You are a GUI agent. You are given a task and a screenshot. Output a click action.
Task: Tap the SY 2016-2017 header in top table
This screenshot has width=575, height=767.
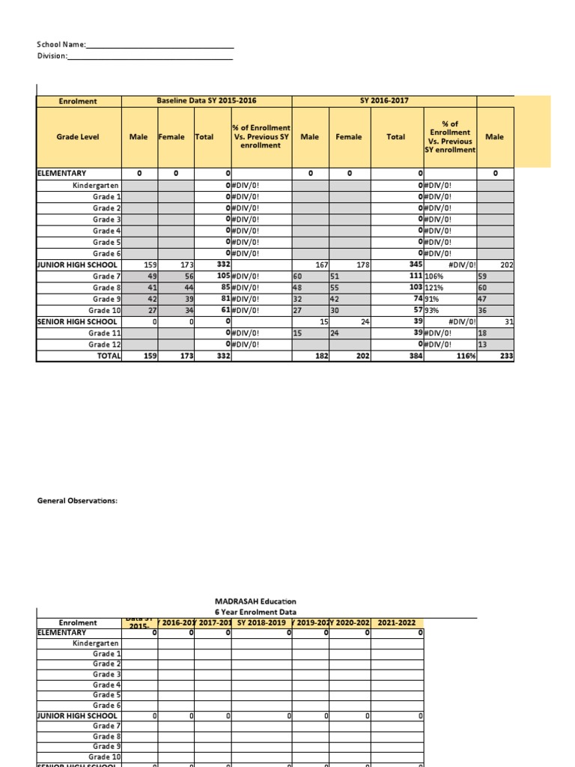(x=384, y=100)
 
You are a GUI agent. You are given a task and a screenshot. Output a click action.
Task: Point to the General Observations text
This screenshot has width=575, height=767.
(x=77, y=500)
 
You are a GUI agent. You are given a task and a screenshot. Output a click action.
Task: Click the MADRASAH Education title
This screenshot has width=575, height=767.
(x=255, y=601)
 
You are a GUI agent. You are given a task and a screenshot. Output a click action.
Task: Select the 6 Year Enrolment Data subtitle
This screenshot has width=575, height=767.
(x=255, y=612)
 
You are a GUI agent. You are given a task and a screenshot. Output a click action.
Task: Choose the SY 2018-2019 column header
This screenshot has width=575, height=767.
(x=261, y=622)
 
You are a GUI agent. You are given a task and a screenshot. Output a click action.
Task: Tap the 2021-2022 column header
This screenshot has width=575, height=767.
(x=398, y=622)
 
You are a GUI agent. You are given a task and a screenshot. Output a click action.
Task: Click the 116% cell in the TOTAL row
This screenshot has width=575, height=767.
(x=462, y=357)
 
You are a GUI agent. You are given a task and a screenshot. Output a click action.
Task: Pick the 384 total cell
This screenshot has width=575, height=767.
(x=414, y=357)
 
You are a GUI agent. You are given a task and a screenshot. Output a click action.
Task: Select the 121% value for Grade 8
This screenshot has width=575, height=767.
(x=436, y=288)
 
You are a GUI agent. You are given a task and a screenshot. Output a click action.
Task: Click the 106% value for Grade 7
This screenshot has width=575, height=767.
(x=436, y=276)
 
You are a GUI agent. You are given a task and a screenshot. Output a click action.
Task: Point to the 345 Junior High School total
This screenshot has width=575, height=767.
(x=414, y=265)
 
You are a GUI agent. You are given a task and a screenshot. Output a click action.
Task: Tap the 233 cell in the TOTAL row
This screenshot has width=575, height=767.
(x=506, y=357)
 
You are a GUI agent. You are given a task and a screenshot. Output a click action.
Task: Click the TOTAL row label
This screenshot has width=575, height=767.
(x=109, y=357)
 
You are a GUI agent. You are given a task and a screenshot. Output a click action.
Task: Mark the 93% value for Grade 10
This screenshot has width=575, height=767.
(x=434, y=310)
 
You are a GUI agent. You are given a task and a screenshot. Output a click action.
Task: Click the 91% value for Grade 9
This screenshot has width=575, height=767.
(x=434, y=299)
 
